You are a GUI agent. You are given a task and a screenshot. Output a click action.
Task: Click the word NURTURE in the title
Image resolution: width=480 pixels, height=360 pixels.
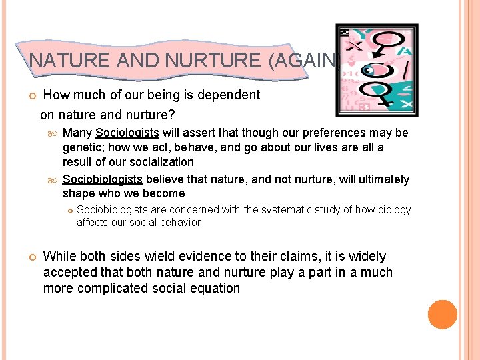point(213,61)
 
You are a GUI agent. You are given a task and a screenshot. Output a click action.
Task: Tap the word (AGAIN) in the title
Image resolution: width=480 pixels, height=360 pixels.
point(304,61)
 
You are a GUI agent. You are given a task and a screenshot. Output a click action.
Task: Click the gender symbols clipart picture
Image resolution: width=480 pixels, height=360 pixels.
point(377,70)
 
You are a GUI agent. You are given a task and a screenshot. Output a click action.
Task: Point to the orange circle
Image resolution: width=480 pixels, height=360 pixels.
point(443,314)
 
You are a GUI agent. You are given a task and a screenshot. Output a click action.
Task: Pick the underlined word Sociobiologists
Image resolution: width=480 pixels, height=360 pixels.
point(102,179)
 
